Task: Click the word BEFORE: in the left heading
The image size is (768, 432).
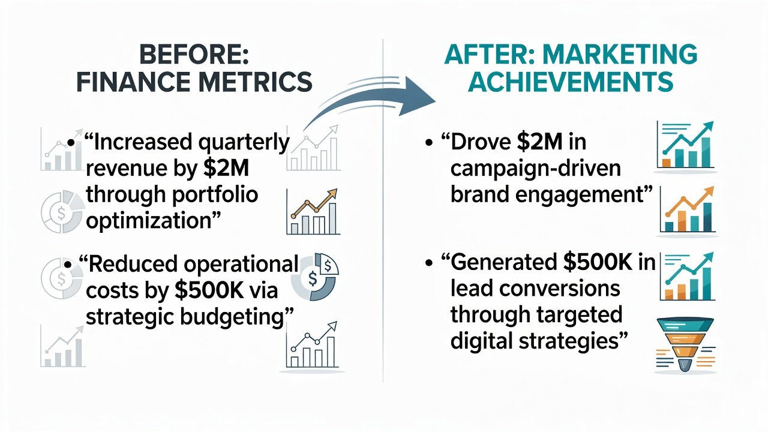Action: coord(194,55)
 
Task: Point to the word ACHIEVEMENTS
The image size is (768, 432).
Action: coord(571,82)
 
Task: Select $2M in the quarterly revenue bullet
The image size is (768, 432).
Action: coord(226,168)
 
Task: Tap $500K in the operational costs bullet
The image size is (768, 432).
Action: coord(209,290)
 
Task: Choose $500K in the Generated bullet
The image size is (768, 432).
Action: coord(598,263)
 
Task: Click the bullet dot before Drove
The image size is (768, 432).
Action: coord(428,143)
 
